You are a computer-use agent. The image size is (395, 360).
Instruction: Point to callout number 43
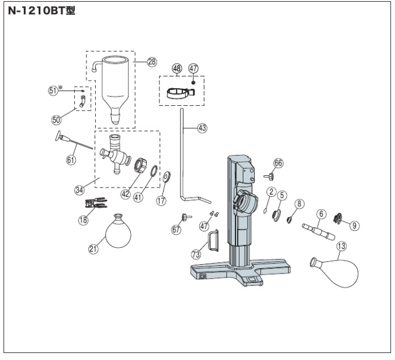click(202, 129)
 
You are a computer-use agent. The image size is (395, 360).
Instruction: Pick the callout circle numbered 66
click(278, 164)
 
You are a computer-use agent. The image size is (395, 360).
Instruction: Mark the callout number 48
click(177, 69)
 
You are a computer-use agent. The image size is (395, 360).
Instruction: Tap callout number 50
click(57, 119)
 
